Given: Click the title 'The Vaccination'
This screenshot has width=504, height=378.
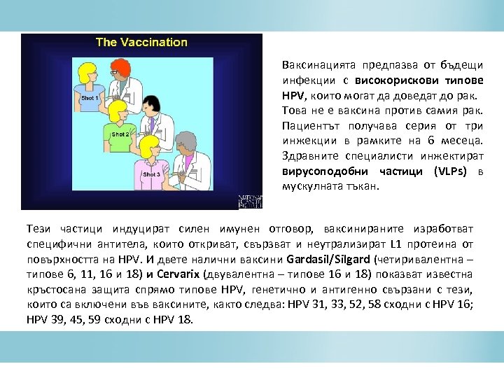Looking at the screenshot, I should point(141,42).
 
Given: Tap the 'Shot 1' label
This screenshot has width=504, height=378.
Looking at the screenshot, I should point(90,99).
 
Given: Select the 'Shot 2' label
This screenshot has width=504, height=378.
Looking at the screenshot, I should point(120,133).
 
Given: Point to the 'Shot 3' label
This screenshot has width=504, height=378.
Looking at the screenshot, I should point(152,174).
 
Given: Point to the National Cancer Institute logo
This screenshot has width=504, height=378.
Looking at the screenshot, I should point(249,202).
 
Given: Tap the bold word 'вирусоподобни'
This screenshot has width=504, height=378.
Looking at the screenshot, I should point(319,172).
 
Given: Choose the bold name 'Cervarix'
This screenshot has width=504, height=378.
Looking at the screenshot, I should point(178,273).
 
